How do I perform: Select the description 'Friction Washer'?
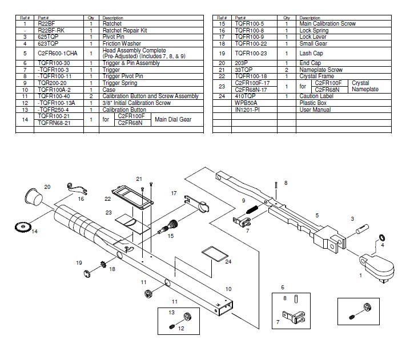[x=122, y=43]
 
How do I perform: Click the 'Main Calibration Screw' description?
[x=327, y=24]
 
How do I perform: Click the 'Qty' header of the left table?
[x=91, y=18]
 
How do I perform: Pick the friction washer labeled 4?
[x=381, y=237]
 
